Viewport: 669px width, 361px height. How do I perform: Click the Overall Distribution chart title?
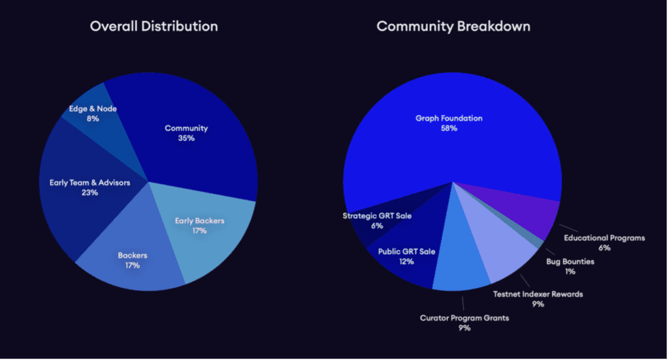(154, 27)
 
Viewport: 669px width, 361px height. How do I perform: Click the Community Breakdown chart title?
(453, 27)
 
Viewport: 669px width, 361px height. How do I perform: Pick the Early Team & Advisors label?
(90, 183)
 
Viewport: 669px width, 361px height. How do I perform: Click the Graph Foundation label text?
(449, 118)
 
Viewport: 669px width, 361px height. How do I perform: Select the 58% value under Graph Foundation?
(449, 129)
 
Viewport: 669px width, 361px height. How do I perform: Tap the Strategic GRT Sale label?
(377, 216)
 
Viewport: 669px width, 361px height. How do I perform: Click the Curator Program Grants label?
(464, 318)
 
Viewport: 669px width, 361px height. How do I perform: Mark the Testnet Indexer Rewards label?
(538, 294)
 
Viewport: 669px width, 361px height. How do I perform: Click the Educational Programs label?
(604, 238)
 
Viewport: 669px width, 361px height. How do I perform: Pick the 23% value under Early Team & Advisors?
(90, 193)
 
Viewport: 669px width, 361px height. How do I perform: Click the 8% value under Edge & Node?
(92, 119)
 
